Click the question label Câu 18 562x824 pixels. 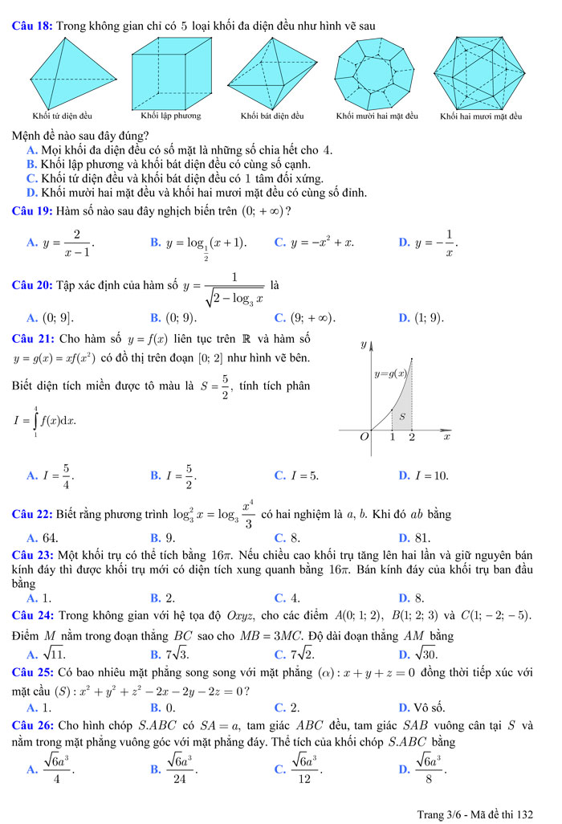point(33,27)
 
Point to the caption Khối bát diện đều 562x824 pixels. point(271,116)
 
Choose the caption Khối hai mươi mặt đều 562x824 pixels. point(481,116)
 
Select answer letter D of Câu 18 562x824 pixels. point(31,193)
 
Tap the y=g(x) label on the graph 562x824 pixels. point(390,373)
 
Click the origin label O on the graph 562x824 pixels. point(365,437)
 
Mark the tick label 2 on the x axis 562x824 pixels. point(412,438)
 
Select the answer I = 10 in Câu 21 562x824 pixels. point(430,475)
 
